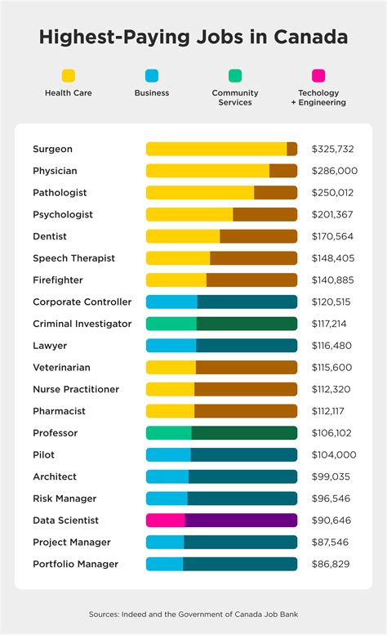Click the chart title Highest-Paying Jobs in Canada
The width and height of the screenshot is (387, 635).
point(193,38)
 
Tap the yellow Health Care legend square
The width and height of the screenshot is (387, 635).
point(68,75)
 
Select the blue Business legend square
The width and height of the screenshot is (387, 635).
point(151,75)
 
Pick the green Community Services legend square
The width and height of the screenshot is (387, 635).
point(235,75)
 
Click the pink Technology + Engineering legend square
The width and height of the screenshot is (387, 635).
point(318,75)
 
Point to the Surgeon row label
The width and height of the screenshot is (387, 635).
point(52,149)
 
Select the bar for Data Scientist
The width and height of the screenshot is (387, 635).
point(221,520)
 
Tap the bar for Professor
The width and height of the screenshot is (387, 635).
point(221,433)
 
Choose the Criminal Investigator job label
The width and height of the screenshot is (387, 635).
point(82,324)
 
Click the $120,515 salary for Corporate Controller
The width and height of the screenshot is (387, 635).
point(335,302)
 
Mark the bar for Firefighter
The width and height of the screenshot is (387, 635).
point(221,280)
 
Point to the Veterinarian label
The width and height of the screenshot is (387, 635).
point(61,368)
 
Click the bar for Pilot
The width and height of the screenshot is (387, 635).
point(221,454)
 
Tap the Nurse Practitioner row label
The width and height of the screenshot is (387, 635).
point(76,389)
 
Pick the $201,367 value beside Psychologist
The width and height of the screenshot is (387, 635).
point(335,214)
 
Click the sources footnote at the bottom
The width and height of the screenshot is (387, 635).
point(193,613)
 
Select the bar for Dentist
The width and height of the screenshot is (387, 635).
point(221,236)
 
